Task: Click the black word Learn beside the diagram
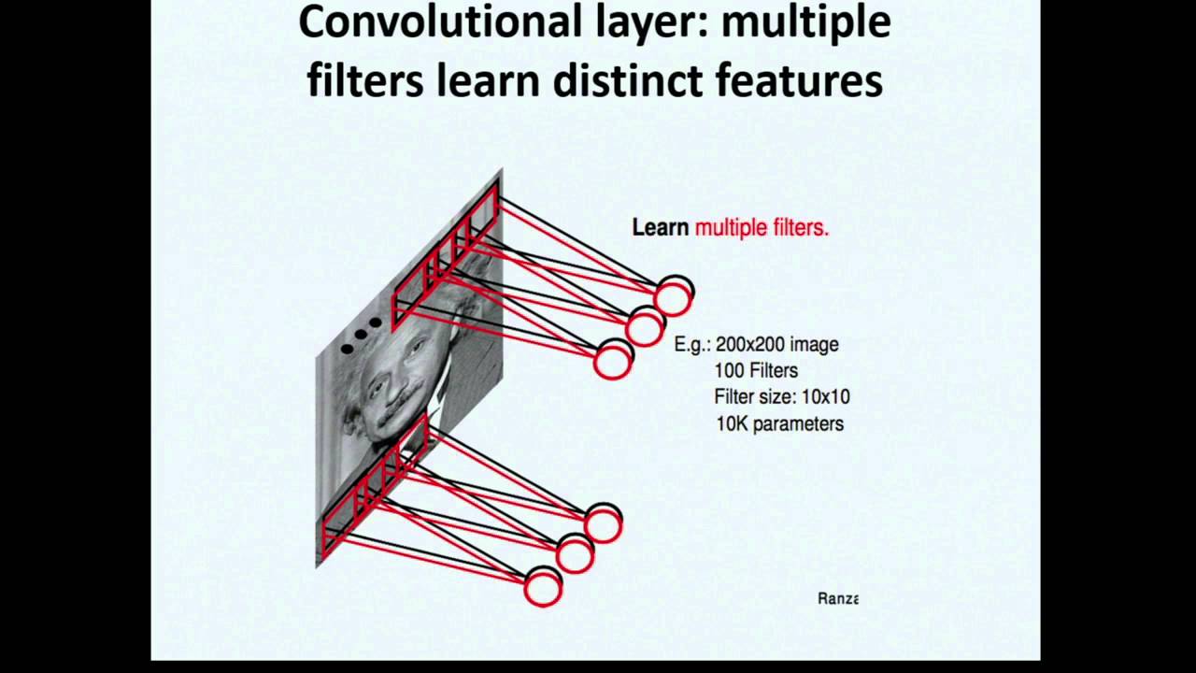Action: (x=660, y=227)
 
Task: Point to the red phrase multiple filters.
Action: (x=762, y=227)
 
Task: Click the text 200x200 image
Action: (x=776, y=344)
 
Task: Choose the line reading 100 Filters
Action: (x=755, y=370)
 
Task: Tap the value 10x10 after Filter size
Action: (x=825, y=396)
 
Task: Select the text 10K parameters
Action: (x=779, y=423)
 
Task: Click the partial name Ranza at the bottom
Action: (x=837, y=598)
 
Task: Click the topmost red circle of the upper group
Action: (x=672, y=298)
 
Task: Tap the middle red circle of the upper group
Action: (x=644, y=328)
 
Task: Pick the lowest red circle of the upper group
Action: (x=612, y=361)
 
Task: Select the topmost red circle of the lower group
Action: (x=603, y=526)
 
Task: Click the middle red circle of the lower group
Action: (x=575, y=556)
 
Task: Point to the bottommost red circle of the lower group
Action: (x=542, y=590)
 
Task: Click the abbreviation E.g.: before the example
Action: (x=692, y=344)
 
